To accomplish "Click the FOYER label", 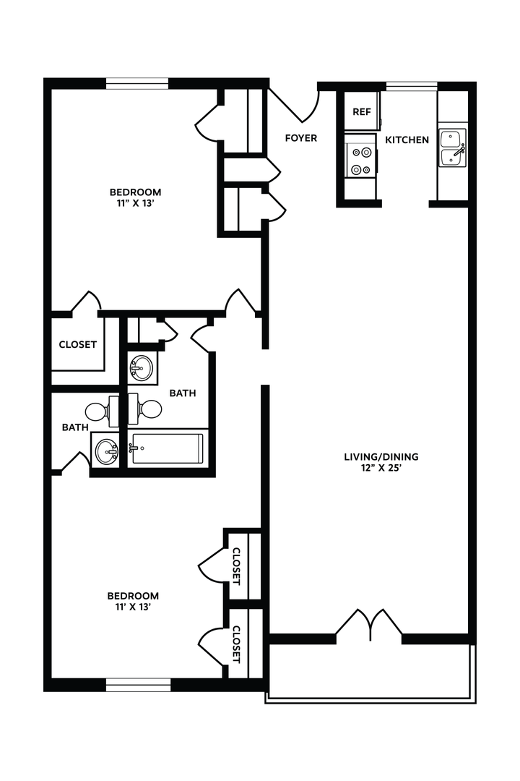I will pyautogui.click(x=301, y=138).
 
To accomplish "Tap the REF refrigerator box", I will pyautogui.click(x=361, y=112).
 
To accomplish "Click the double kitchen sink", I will pyautogui.click(x=453, y=148).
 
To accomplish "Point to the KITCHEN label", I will pyautogui.click(x=407, y=140).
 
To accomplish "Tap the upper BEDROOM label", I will pyautogui.click(x=135, y=192).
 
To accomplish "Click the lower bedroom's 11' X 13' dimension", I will pyautogui.click(x=133, y=607).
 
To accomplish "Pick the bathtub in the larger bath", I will pyautogui.click(x=168, y=448).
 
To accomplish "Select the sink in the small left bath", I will pyautogui.click(x=106, y=452).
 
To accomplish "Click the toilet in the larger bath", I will pyautogui.click(x=148, y=409).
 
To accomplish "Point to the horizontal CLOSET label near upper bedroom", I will pyautogui.click(x=78, y=345).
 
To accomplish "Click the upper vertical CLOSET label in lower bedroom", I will pyautogui.click(x=236, y=566).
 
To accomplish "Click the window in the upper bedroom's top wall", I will pyautogui.click(x=137, y=83).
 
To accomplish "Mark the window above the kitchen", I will pyautogui.click(x=411, y=86).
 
